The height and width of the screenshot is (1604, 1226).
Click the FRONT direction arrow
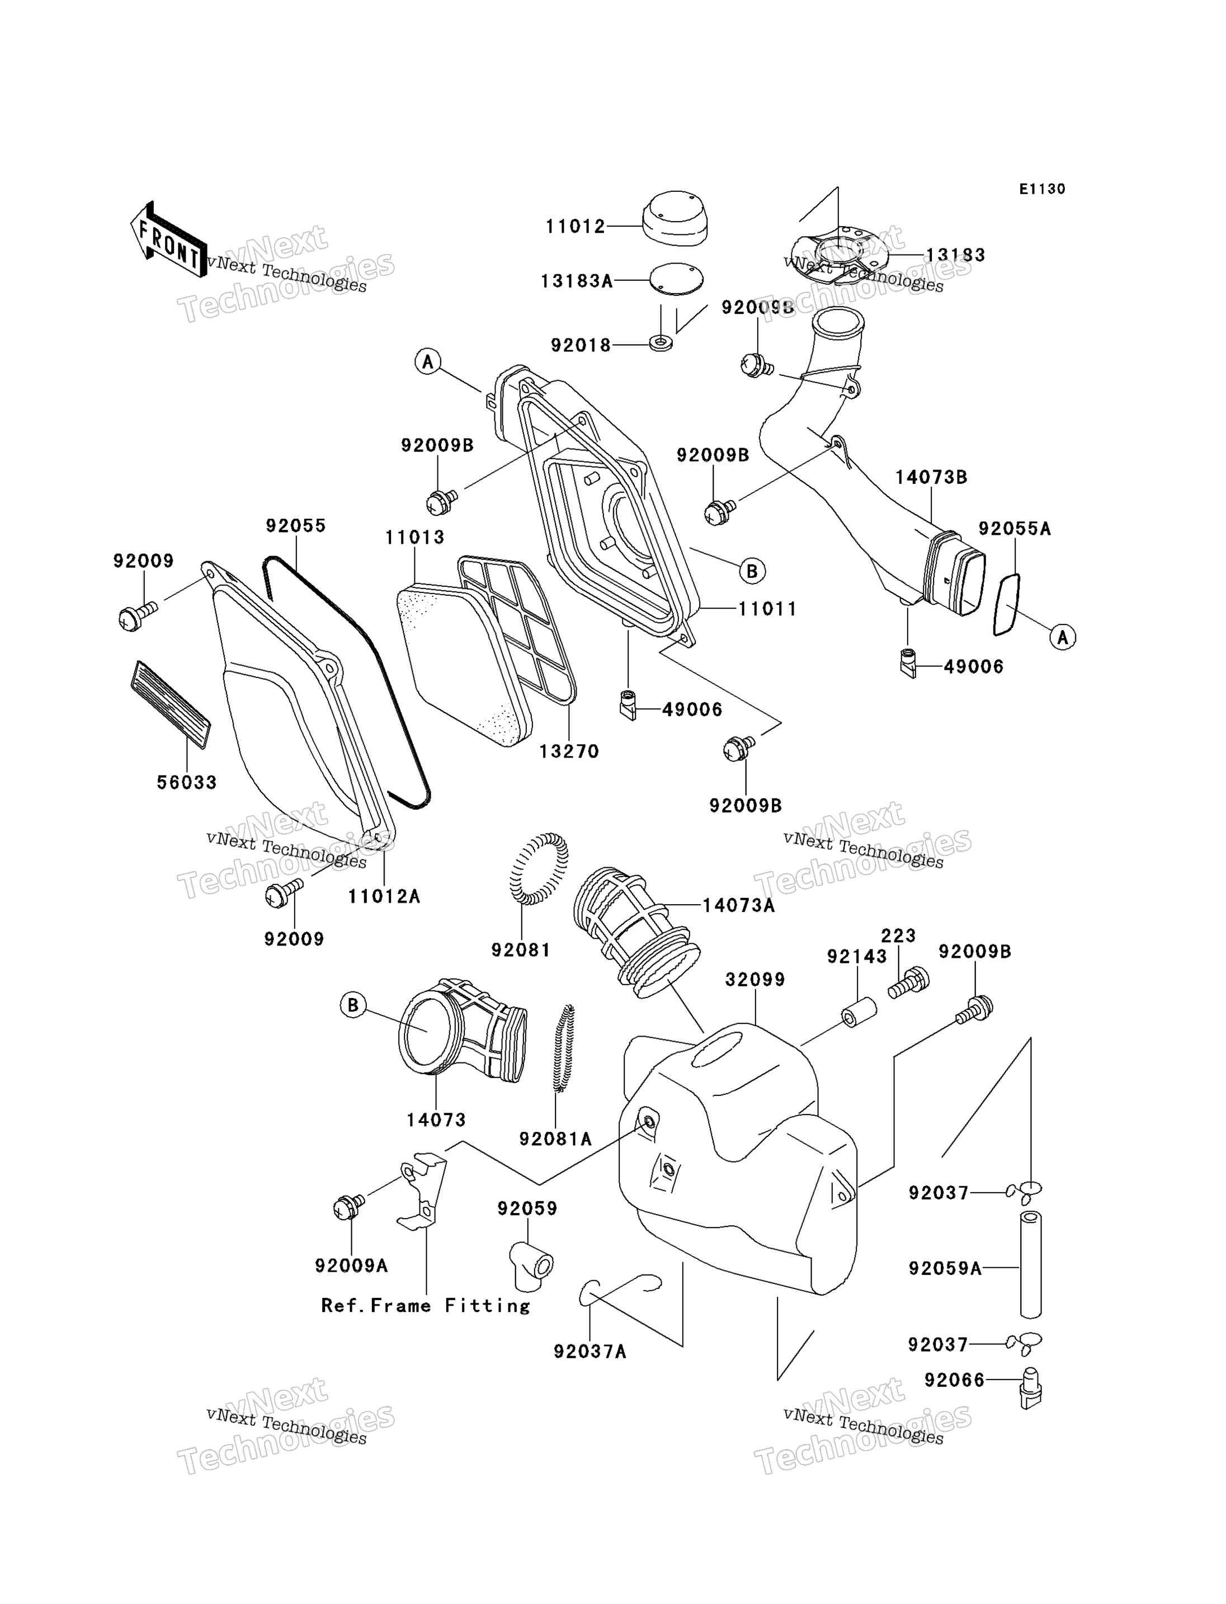pyautogui.click(x=168, y=240)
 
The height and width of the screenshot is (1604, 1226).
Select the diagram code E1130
pyautogui.click(x=1042, y=189)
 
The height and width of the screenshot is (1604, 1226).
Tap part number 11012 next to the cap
pyautogui.click(x=576, y=227)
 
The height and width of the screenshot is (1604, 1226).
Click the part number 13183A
pyautogui.click(x=577, y=281)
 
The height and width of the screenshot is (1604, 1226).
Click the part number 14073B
pyautogui.click(x=931, y=477)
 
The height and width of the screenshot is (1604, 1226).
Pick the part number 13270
pyautogui.click(x=569, y=751)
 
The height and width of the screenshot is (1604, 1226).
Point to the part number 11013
pyautogui.click(x=414, y=537)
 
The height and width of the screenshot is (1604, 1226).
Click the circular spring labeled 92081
pyautogui.click(x=539, y=869)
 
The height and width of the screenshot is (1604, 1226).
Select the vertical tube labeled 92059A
pyautogui.click(x=1030, y=1265)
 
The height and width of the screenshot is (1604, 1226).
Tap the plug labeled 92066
pyautogui.click(x=1030, y=1387)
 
